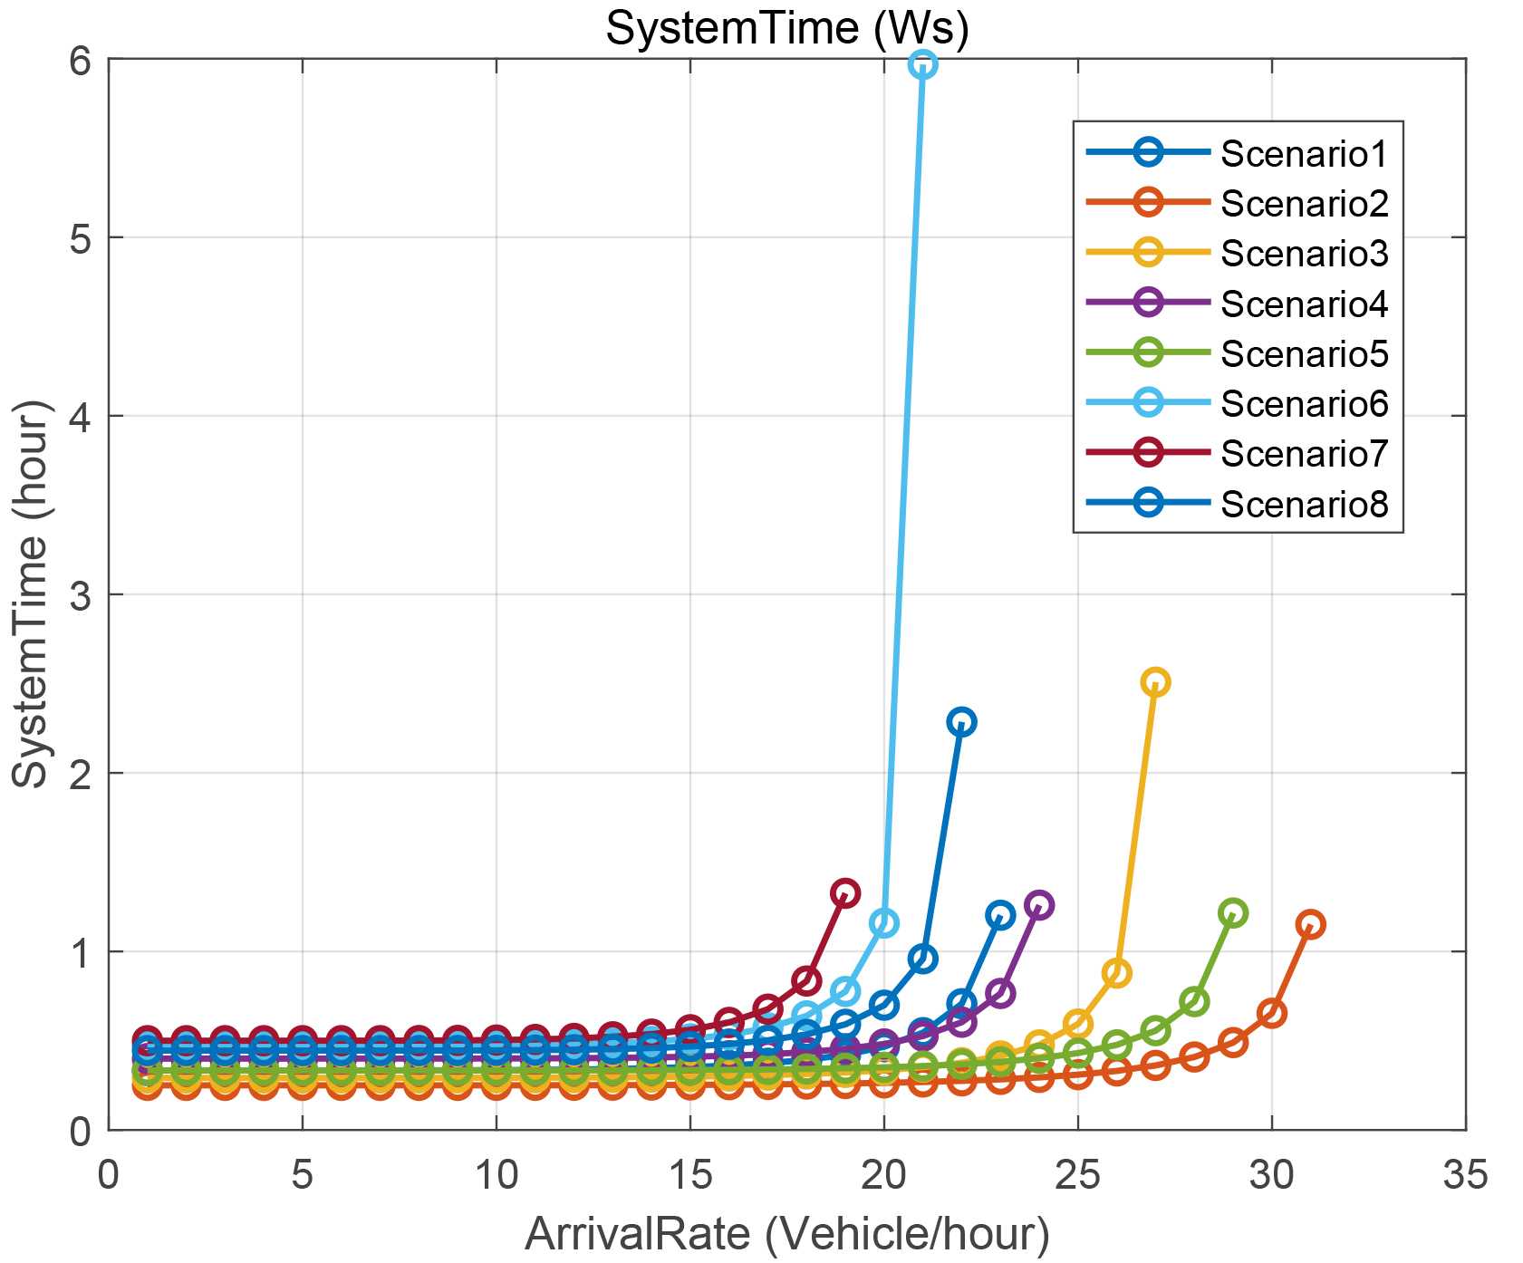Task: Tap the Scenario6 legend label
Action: tap(1304, 403)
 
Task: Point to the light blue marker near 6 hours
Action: tap(922, 64)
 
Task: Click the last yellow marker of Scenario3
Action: tap(1155, 682)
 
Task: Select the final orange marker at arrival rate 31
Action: tap(1310, 925)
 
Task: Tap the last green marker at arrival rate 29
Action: tap(1232, 912)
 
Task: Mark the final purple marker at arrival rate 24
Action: tap(1038, 905)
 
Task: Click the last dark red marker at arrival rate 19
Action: tap(844, 893)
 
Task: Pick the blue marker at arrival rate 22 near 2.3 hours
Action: tap(961, 722)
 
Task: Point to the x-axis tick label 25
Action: tap(1077, 1175)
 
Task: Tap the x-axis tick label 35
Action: tap(1464, 1175)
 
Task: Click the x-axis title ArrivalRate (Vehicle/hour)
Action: tap(786, 1234)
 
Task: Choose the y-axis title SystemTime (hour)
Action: tap(33, 594)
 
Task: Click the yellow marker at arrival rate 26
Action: tap(1116, 973)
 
